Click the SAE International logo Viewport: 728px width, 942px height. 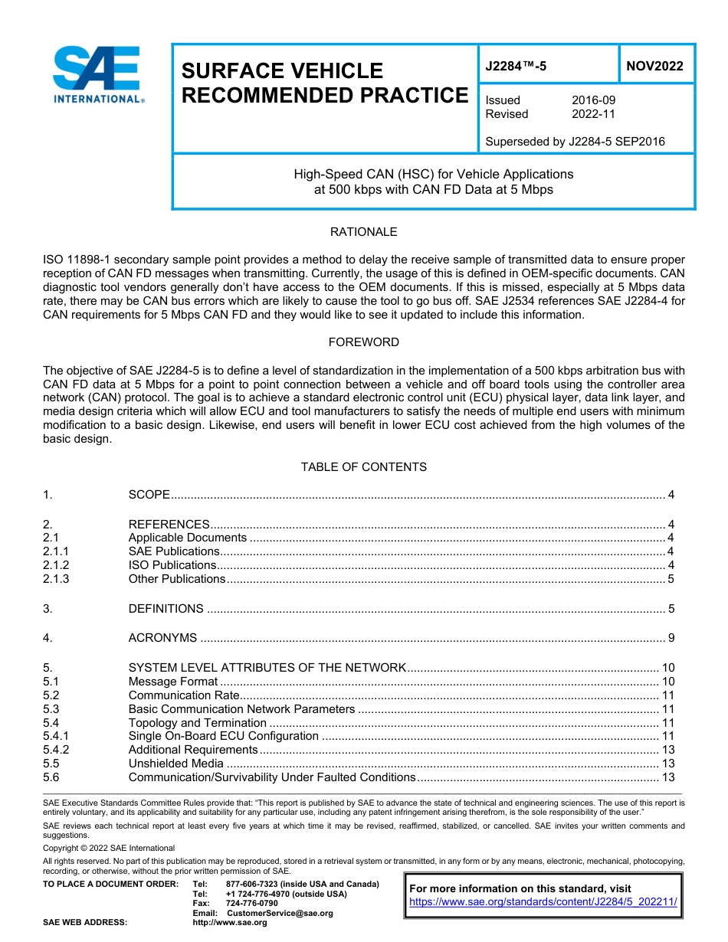tap(97, 74)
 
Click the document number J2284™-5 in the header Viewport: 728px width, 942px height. tap(516, 67)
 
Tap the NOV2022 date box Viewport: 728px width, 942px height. tap(654, 67)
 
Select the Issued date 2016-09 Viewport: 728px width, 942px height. tap(593, 100)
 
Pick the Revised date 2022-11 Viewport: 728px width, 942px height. tap(593, 114)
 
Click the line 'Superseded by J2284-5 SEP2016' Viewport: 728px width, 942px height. tap(575, 142)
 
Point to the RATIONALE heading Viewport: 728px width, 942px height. tap(363, 232)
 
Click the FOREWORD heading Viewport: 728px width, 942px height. tap(363, 342)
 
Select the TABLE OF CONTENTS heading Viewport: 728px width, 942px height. tap(363, 467)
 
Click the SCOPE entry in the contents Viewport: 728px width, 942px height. tap(149, 495)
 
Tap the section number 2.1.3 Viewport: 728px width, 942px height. tap(56, 579)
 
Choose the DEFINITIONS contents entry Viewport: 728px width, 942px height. tap(166, 609)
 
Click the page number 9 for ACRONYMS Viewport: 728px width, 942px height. tap(671, 638)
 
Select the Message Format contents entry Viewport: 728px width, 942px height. tap(173, 682)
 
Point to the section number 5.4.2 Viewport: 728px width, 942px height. tap(56, 750)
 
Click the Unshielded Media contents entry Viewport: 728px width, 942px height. tap(175, 764)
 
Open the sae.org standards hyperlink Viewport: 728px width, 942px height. tap(543, 902)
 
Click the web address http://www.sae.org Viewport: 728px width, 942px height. tap(229, 923)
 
